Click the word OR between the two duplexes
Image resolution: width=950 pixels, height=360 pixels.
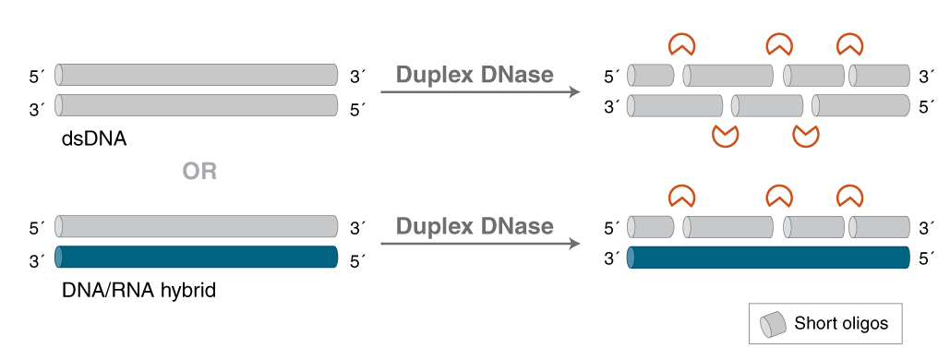[x=199, y=172]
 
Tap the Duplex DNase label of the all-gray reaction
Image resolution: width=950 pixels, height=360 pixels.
[x=475, y=75]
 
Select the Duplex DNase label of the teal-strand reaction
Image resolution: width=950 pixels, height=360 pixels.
[x=475, y=226]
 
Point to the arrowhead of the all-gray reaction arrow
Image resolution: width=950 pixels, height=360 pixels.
[x=574, y=91]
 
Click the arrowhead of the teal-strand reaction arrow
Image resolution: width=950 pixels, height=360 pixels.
[x=574, y=244]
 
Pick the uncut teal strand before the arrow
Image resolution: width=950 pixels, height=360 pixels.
[x=197, y=257]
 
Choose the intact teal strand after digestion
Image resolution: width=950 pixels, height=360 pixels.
[x=768, y=257]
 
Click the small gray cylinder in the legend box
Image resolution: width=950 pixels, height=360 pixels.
[x=773, y=324]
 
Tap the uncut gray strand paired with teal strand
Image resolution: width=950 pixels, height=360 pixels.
[x=197, y=227]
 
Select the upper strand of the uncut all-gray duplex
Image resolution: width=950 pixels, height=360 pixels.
[x=197, y=75]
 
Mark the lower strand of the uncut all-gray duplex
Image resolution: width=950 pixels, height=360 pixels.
[x=197, y=105]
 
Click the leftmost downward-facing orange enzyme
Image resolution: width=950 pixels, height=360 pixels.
[x=726, y=136]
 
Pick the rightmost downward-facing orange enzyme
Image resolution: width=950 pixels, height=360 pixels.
[x=807, y=136]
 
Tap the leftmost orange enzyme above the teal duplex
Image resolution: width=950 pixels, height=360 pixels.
[x=682, y=195]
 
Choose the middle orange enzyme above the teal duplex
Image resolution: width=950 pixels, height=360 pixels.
[x=779, y=195]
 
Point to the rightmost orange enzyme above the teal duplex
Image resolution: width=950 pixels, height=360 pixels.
[x=849, y=195]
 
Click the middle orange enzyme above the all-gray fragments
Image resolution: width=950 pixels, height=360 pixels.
[x=779, y=43]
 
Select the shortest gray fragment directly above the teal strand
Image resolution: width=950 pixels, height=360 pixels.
[x=651, y=227]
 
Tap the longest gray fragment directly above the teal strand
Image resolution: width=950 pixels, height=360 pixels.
[x=728, y=227]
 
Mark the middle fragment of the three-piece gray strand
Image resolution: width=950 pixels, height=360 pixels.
[x=767, y=105]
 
